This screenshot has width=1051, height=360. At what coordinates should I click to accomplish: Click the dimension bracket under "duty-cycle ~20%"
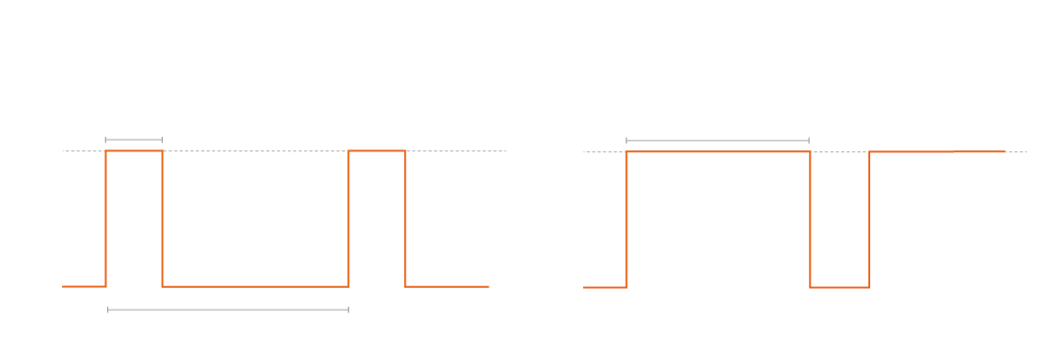(x=133, y=139)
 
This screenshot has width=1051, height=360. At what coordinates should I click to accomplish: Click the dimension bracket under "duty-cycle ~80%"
(x=717, y=140)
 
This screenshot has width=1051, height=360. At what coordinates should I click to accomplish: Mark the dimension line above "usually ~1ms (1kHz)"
(x=228, y=310)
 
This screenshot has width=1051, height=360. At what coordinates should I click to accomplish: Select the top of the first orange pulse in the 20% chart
(x=134, y=151)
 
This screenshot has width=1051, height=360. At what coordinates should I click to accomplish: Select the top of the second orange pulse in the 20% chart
(x=377, y=151)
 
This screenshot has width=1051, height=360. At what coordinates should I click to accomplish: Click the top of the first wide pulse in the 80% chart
(x=718, y=152)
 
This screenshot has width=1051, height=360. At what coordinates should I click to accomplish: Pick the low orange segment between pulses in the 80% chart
(x=840, y=288)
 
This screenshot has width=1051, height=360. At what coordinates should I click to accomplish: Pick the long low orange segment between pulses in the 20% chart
(x=256, y=286)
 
